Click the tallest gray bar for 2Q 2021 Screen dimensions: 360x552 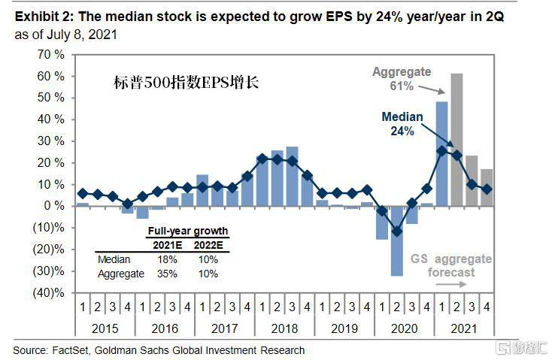point(456,139)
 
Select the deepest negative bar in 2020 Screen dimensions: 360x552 point(396,241)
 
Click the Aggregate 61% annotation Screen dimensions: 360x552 point(402,79)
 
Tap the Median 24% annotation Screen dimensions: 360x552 point(402,123)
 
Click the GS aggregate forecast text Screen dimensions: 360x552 point(450,265)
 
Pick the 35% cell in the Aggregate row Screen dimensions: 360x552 point(167,274)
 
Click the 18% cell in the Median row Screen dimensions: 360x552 point(167,259)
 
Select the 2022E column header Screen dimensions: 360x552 point(207,245)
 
